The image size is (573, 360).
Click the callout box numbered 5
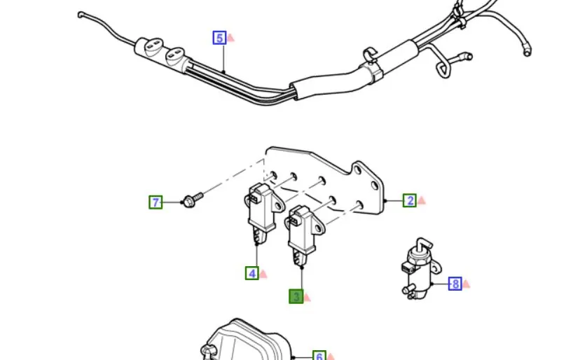pos(219,38)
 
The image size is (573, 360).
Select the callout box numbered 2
pos(410,200)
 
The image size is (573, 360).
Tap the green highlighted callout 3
pos(296,296)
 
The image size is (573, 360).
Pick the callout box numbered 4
pos(252,273)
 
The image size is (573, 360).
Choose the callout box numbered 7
pos(156,202)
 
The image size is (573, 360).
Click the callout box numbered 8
pos(455,284)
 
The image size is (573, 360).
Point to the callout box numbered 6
pos(319,355)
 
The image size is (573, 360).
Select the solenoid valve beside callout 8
pos(420,269)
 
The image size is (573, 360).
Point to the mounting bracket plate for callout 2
pos(325,179)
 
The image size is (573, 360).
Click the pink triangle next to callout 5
pos(230,38)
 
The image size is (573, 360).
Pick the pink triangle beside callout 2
pos(422,200)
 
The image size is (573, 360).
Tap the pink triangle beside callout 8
pos(467,284)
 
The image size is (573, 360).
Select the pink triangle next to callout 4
pos(263,274)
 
